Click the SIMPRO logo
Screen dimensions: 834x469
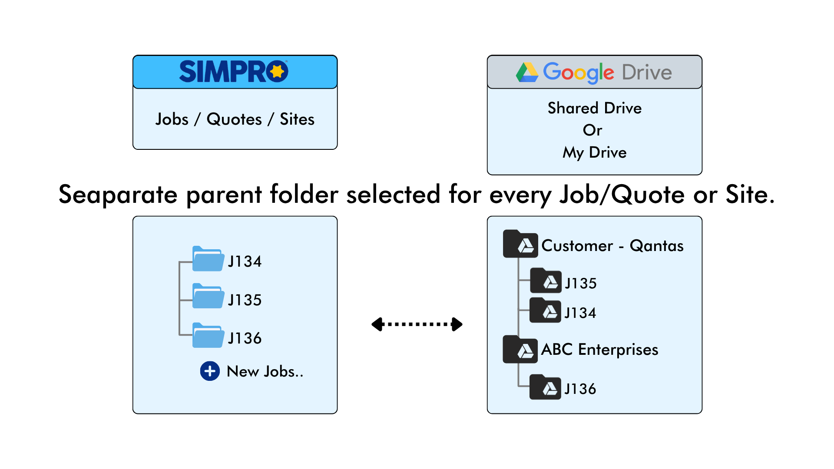(234, 71)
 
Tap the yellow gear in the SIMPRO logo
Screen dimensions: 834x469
(277, 71)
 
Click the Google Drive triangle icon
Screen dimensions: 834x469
(527, 72)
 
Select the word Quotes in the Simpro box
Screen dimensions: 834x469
(234, 119)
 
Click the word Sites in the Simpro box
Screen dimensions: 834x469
(297, 119)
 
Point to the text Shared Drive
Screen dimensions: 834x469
(594, 108)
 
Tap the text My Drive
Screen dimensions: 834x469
(594, 152)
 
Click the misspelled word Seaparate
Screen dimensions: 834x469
(118, 194)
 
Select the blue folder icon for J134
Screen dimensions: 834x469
(208, 259)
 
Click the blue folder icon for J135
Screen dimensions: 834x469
(208, 296)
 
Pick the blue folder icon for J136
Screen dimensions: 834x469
(208, 335)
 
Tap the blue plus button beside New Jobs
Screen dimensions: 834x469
(210, 371)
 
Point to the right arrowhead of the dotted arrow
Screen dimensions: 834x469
(457, 324)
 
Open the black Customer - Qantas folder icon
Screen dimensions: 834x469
(520, 244)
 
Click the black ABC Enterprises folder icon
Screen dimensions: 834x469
(520, 350)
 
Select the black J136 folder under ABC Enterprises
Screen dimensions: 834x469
(545, 387)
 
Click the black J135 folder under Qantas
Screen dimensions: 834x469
(546, 281)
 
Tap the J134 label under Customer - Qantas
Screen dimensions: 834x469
(580, 313)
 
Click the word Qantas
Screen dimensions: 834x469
(657, 246)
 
